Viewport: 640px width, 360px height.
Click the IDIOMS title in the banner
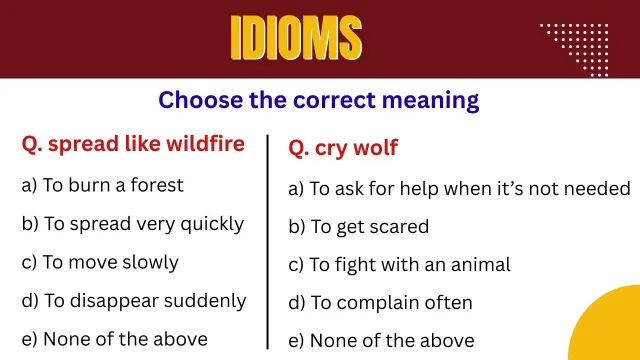pos(296,38)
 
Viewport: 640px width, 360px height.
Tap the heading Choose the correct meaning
pos(319,100)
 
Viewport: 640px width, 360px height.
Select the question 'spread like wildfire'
pos(133,144)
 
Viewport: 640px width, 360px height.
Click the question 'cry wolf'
pos(343,148)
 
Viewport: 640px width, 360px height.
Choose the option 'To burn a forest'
pos(102,185)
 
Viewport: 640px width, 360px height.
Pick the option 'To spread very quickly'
pos(132,224)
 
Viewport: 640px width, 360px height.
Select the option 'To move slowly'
pos(100,262)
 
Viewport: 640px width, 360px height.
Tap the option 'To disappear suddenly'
pos(133,300)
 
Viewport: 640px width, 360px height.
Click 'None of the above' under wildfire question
pos(114,338)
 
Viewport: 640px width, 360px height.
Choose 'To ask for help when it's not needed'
pos(459,188)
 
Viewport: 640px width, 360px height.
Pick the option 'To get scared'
pos(358,227)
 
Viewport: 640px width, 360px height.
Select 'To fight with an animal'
pos(399,265)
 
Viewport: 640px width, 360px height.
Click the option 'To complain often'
pos(380,302)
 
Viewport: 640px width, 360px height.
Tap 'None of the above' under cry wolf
pos(381,340)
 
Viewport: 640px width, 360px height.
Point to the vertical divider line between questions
pos(268,240)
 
